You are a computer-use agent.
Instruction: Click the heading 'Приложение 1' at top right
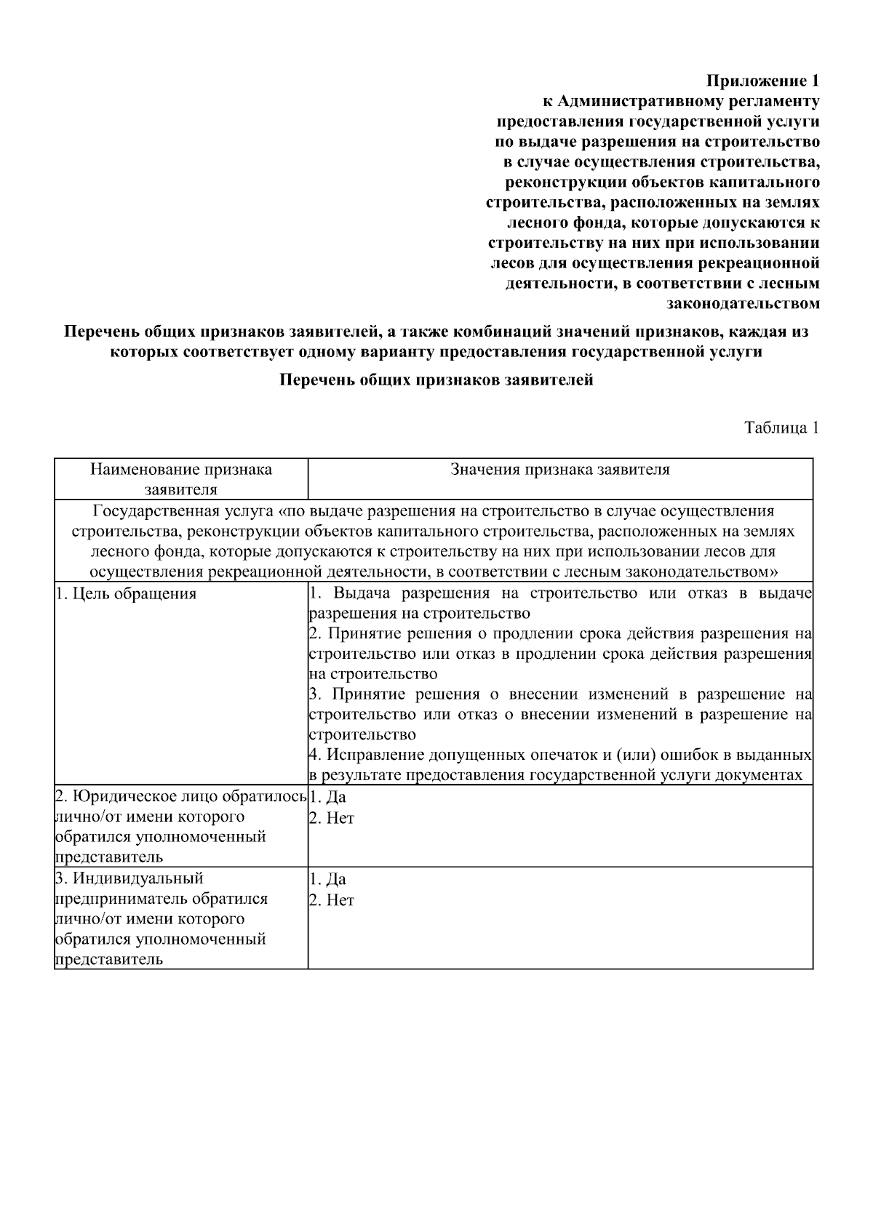[x=764, y=80]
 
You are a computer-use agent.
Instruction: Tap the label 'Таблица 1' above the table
[x=781, y=428]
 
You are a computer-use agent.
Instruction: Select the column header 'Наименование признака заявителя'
[x=181, y=478]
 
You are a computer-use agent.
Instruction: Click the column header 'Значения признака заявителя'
[x=559, y=469]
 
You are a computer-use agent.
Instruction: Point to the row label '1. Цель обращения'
[x=126, y=593]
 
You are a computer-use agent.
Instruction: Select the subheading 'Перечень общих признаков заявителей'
[x=436, y=380]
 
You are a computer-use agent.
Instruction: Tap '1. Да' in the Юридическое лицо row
[x=328, y=798]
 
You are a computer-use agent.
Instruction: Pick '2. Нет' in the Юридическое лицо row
[x=332, y=818]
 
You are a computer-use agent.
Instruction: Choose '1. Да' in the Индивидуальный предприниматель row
[x=328, y=880]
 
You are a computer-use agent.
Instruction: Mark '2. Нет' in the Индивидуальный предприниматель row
[x=332, y=900]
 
